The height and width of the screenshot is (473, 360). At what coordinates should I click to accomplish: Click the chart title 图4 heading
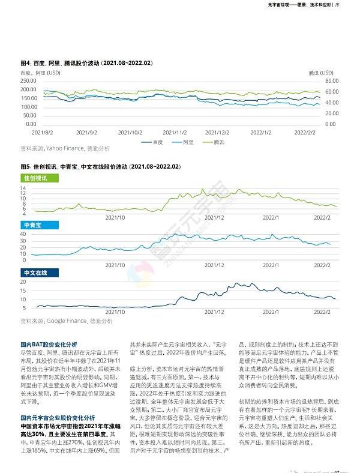(86, 63)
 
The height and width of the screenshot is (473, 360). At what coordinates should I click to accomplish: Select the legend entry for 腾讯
(221, 142)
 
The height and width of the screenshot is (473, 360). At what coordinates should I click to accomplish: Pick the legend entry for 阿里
(188, 142)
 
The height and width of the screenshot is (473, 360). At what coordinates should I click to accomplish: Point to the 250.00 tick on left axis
(28, 80)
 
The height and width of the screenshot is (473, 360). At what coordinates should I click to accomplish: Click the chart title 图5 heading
(100, 166)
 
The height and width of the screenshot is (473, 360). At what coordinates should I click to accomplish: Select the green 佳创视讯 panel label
(38, 179)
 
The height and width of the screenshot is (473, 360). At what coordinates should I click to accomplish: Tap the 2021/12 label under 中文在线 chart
(214, 312)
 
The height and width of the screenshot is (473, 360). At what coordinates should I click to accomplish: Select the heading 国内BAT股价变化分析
(49, 345)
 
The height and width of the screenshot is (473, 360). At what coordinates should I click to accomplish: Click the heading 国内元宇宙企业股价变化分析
(57, 400)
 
